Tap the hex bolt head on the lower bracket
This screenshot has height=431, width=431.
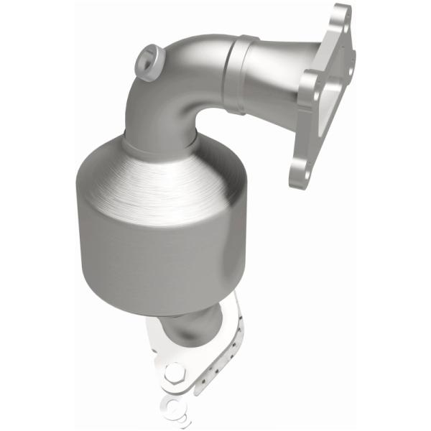[x=175, y=374]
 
